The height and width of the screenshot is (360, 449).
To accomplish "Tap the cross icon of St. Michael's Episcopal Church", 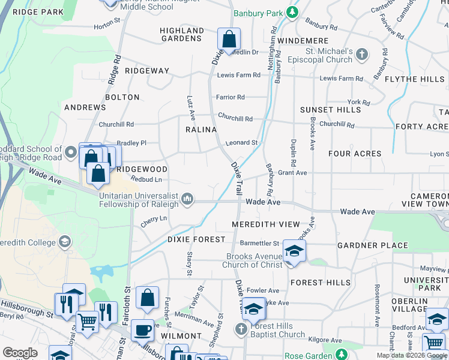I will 361,55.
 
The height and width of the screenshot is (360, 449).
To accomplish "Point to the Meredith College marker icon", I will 65,242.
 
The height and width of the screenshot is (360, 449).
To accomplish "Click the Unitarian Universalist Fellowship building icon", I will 187,199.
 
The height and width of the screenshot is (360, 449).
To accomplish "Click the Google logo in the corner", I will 20,353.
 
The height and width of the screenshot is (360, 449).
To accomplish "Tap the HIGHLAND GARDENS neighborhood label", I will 181,34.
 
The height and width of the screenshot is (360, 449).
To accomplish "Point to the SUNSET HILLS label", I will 331,110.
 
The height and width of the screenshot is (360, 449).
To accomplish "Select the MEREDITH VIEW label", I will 266,224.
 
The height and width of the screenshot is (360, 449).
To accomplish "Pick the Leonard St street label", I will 241,143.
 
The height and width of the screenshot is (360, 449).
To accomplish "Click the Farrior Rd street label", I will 231,97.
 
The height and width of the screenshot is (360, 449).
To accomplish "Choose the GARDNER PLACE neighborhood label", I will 373,245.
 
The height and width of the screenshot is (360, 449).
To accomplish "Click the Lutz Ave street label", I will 191,106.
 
